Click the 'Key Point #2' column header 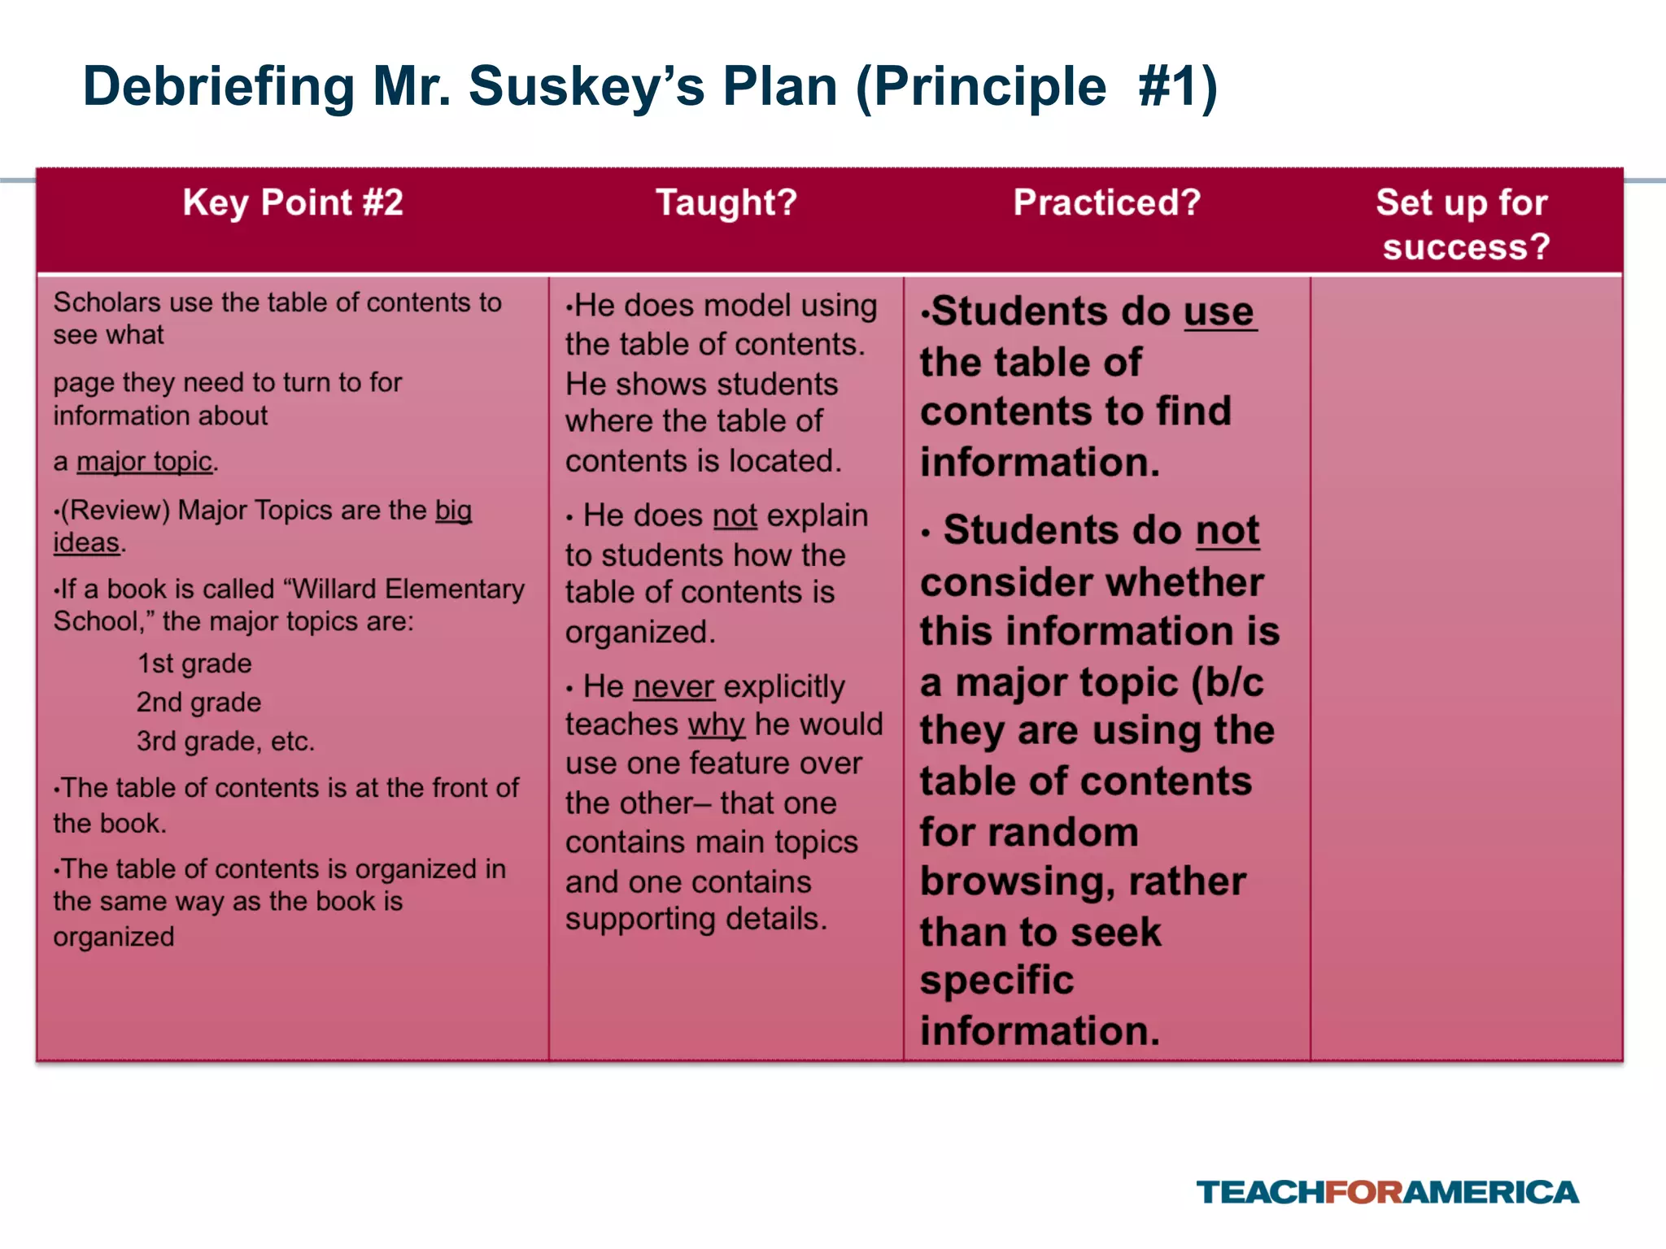293,202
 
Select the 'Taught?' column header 726,202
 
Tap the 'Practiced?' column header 1106,202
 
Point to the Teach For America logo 1387,1192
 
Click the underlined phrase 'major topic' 144,462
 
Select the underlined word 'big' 453,510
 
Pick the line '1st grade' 194,664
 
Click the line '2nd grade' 198,703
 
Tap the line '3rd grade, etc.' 225,742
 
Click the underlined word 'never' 674,686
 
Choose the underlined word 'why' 716,725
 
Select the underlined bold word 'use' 1219,311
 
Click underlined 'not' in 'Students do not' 1227,531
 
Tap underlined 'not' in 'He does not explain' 735,516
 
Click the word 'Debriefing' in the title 219,86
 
